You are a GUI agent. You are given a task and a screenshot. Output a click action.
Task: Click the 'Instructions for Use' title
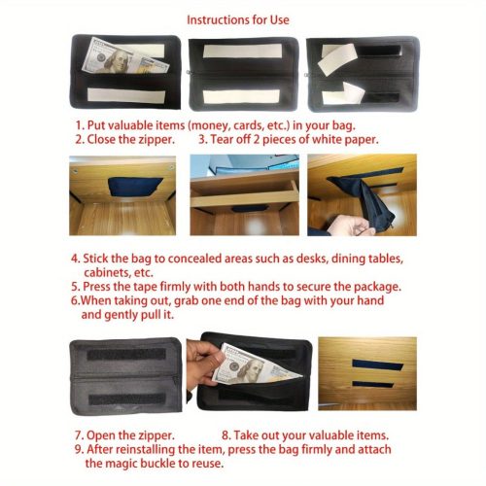(238, 20)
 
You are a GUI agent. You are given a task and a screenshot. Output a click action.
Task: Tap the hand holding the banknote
(204, 361)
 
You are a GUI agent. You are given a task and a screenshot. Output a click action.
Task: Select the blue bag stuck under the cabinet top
(135, 187)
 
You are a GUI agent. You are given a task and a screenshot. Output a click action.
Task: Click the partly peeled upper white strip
(336, 58)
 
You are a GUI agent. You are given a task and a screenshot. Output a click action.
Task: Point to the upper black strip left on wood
(378, 365)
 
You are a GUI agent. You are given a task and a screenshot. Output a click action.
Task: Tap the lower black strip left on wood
(372, 385)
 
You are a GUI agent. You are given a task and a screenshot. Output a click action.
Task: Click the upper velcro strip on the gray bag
(126, 355)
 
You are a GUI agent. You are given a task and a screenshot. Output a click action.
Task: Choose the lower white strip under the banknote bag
(126, 95)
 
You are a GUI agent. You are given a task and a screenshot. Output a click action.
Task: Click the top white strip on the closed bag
(243, 52)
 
